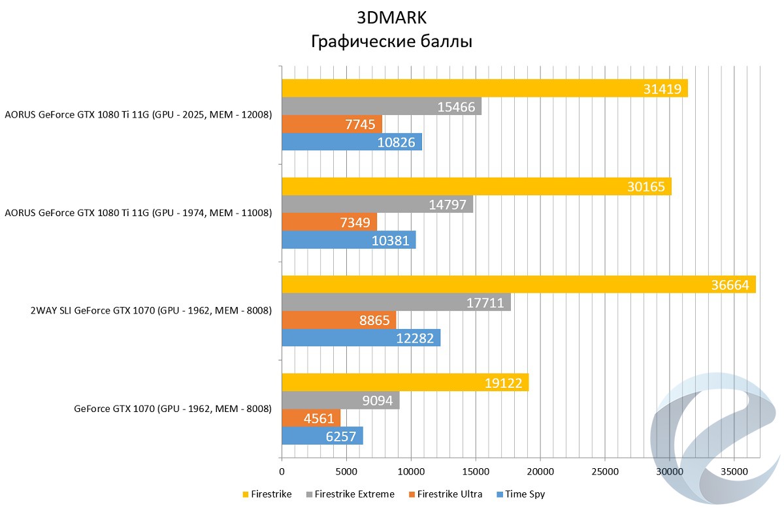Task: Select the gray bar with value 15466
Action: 382,106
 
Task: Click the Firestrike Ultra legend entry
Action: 449,494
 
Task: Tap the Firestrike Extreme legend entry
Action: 354,494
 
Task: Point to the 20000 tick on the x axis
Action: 540,471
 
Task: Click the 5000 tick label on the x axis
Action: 346,471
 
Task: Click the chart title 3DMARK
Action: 391,17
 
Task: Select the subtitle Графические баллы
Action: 391,42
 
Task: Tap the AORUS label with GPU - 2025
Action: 138,116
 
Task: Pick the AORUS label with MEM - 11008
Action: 138,213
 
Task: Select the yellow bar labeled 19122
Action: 405,383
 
